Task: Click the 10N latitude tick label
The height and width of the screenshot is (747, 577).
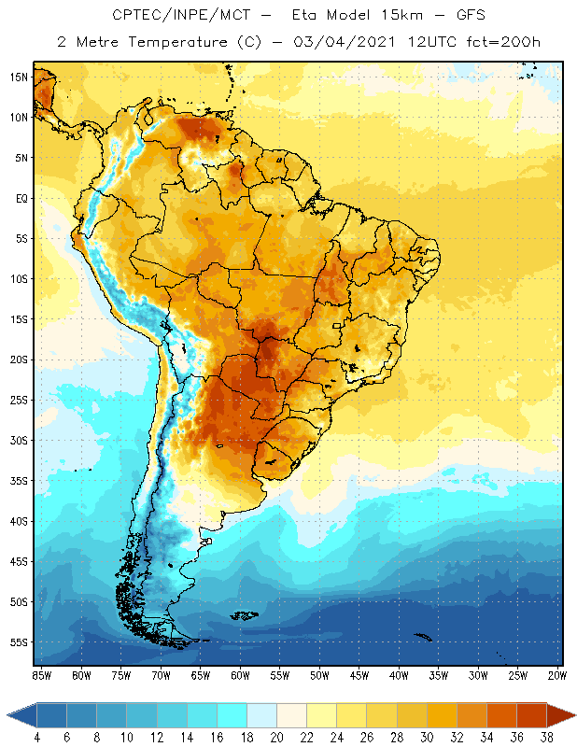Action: [x=19, y=118]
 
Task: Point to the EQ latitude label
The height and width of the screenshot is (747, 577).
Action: [x=20, y=199]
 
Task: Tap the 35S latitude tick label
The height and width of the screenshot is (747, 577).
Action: [x=19, y=481]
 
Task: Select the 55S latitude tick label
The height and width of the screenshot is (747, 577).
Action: [x=19, y=642]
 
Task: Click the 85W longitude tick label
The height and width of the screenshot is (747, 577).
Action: [x=41, y=675]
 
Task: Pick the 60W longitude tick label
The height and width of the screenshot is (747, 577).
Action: [x=240, y=675]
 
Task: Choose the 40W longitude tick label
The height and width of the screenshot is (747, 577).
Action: [x=400, y=675]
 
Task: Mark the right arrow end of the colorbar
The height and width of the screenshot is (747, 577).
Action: [x=562, y=715]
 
